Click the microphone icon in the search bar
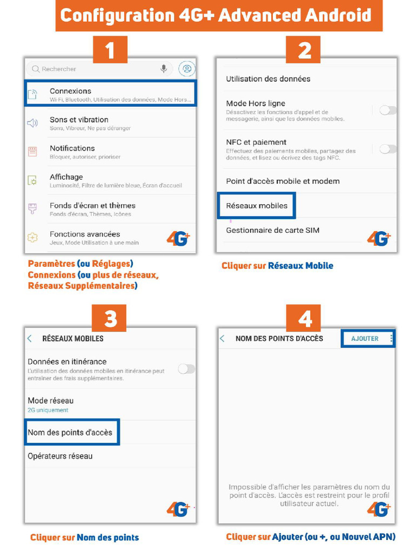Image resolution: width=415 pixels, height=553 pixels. [x=163, y=69]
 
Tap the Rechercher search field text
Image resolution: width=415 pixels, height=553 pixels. [x=59, y=69]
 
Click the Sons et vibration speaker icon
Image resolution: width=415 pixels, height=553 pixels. [x=33, y=123]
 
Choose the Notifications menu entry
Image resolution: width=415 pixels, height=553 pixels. [x=72, y=149]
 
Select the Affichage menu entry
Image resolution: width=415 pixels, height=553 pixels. [x=66, y=177]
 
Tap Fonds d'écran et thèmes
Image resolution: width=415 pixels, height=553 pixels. [x=92, y=206]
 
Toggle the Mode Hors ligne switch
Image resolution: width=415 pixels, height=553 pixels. [x=387, y=110]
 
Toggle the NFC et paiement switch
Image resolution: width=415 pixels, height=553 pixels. [x=387, y=149]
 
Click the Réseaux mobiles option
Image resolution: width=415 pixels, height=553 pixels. [x=257, y=206]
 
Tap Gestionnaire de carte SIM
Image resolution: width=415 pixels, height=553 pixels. [x=272, y=230]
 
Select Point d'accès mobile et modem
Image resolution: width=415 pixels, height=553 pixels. [x=283, y=181]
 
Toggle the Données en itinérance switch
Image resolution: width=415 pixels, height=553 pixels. [x=186, y=369]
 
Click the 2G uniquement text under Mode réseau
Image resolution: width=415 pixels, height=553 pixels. [x=48, y=410]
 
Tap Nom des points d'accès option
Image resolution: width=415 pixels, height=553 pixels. [x=70, y=433]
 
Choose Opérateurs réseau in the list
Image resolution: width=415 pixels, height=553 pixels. [x=60, y=456]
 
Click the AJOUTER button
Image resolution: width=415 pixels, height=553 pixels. [x=365, y=339]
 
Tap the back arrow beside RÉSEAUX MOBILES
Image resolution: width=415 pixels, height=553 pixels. [x=30, y=339]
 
